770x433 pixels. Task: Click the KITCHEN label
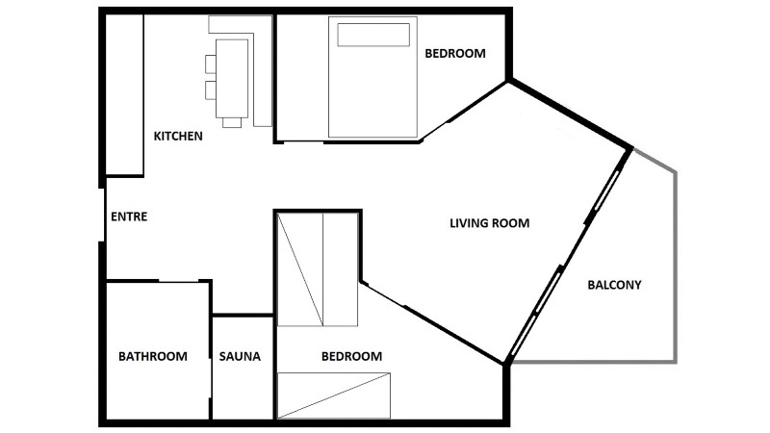178,136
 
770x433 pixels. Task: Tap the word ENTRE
129,216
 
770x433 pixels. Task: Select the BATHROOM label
153,356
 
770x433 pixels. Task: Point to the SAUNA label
240,356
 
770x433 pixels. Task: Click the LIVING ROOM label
490,223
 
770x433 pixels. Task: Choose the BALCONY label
614,285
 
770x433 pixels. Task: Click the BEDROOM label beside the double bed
455,54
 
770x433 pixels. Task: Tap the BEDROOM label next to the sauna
351,356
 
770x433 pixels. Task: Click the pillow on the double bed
373,35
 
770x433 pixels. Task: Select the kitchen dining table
232,79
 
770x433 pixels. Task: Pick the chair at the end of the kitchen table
232,123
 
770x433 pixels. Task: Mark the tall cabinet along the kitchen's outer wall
125,94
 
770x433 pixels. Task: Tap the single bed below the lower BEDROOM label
334,395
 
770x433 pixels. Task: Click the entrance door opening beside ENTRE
102,215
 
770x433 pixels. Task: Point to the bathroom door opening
178,281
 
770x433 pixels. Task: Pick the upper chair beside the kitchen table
211,64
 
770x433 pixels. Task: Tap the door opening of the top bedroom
303,141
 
